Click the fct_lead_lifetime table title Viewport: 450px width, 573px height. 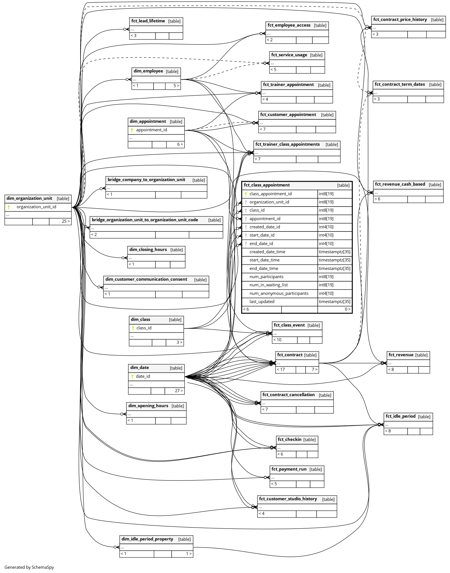pyautogui.click(x=148, y=21)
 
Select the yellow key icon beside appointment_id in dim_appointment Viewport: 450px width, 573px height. pyautogui.click(x=132, y=130)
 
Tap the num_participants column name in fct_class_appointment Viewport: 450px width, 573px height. pyautogui.click(x=266, y=277)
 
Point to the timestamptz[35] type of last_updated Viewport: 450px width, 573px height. pyautogui.click(x=334, y=302)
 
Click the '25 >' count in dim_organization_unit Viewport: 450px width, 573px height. pyautogui.click(x=66, y=221)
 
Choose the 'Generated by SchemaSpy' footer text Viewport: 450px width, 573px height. pyautogui.click(x=29, y=567)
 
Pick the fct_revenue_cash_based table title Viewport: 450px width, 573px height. pyautogui.click(x=400, y=184)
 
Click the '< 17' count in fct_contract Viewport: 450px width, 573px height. pyautogui.click(x=281, y=370)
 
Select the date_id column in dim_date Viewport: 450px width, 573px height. pyautogui.click(x=143, y=376)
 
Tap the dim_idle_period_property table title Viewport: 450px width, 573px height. pyautogui.click(x=147, y=539)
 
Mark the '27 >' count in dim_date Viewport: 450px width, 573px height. pyautogui.click(x=179, y=391)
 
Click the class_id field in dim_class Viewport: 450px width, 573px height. pyautogui.click(x=144, y=328)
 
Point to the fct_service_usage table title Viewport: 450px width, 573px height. pyautogui.click(x=289, y=55)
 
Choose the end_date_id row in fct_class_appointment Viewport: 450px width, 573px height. pyautogui.click(x=261, y=244)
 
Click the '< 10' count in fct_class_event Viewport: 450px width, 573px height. pyautogui.click(x=277, y=340)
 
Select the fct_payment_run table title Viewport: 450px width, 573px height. pyautogui.click(x=289, y=469)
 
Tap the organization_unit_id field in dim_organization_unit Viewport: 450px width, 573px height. pyautogui.click(x=36, y=207)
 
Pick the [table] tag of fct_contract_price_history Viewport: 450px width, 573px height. pyautogui.click(x=437, y=20)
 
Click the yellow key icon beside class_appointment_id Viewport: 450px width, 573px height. pyautogui.click(x=246, y=194)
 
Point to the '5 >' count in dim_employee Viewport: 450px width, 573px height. pyautogui.click(x=176, y=86)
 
